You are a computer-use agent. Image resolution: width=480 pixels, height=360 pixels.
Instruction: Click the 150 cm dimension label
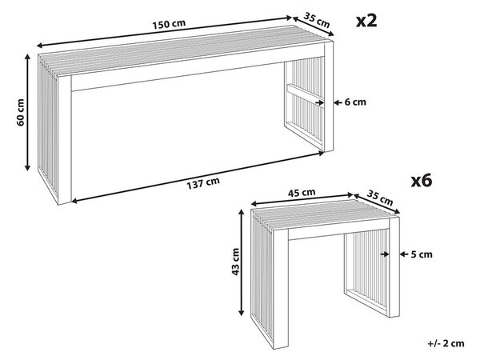tap(170, 24)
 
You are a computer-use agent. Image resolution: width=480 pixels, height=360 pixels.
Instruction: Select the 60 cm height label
tap(21, 112)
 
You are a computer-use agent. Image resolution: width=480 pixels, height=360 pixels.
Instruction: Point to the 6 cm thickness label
tap(355, 102)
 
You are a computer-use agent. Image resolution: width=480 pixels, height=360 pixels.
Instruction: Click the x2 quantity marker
tap(366, 21)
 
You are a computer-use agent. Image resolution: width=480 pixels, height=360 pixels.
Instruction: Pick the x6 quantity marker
tap(422, 180)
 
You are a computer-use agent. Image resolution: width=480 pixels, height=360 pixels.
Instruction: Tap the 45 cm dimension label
tap(302, 193)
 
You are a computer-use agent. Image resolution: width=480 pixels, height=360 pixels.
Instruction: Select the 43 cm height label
tap(235, 262)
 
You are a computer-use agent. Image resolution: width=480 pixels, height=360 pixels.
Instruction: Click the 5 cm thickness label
tap(422, 254)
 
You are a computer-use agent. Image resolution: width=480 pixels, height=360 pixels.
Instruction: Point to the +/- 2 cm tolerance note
tap(446, 343)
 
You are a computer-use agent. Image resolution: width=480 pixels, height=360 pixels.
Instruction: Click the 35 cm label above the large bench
tap(317, 19)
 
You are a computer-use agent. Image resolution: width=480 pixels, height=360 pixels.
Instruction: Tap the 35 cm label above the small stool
tap(379, 198)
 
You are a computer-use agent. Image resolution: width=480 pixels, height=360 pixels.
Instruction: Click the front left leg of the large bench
tap(65, 139)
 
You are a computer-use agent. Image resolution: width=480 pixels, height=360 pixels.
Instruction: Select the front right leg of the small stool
tap(394, 266)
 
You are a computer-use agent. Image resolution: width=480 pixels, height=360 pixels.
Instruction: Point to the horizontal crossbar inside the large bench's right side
tap(306, 95)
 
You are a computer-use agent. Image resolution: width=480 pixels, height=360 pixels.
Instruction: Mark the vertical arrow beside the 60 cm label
tap(27, 112)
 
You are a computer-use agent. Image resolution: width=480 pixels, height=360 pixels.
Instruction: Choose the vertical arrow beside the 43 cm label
tap(242, 262)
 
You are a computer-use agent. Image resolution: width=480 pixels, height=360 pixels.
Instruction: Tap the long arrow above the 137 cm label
tap(198, 177)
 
